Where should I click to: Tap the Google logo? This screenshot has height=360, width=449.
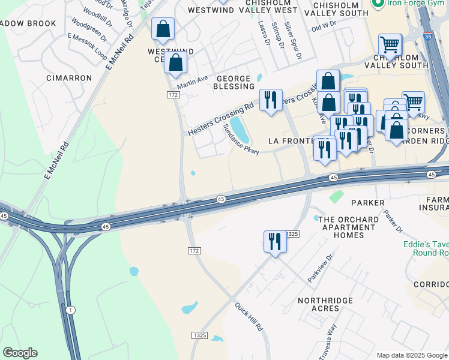(20, 353)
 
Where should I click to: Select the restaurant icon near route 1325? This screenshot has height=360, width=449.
(275, 242)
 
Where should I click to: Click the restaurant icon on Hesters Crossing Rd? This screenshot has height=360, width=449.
(271, 100)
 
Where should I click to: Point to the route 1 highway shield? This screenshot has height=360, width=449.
(71, 310)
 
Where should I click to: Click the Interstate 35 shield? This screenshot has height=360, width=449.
(427, 36)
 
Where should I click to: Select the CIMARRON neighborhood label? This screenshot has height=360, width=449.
(70, 78)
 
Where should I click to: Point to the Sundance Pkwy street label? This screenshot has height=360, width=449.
(241, 140)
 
